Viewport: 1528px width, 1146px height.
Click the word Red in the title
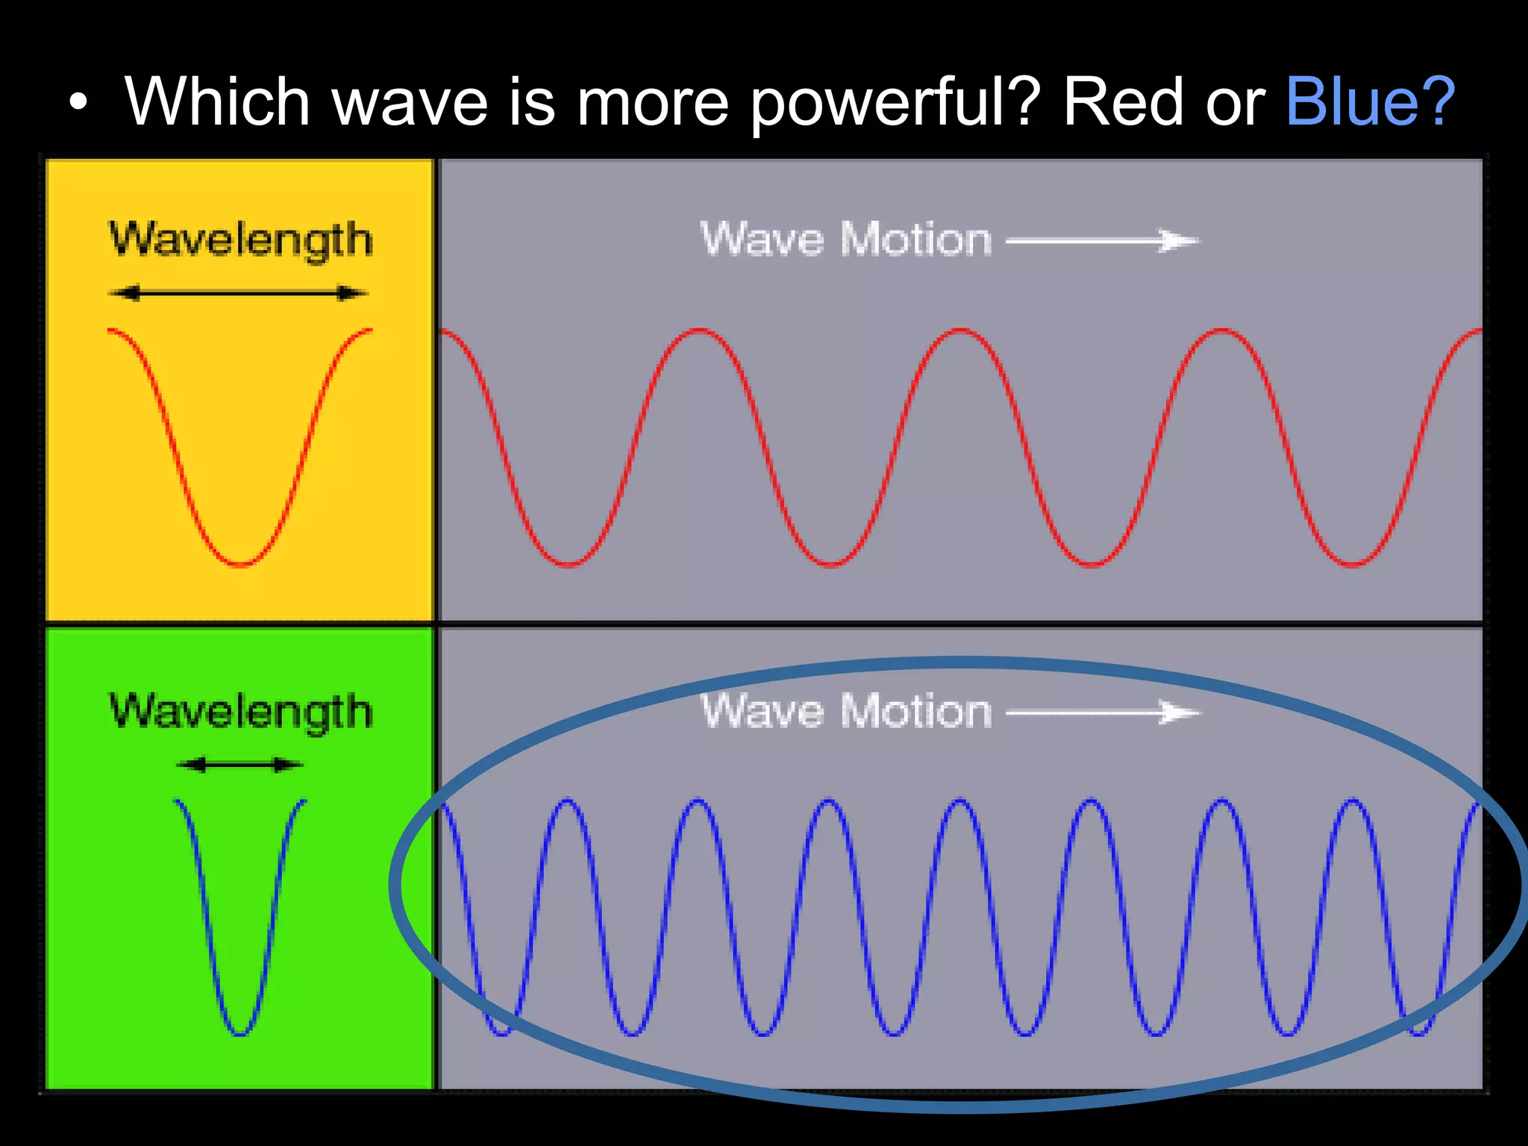1124,101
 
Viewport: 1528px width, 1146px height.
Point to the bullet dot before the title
78,103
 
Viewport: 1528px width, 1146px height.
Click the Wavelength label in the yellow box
240,240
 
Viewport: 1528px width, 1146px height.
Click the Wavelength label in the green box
240,711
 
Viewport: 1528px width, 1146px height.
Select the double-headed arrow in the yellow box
239,293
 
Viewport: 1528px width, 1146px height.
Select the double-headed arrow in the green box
239,765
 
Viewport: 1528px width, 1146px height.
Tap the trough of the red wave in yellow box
240,563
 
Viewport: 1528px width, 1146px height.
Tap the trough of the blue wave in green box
240,1033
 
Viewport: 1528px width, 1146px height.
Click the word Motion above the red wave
916,240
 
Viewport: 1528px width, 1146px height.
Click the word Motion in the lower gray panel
916,711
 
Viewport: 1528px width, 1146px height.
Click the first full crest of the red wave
699,330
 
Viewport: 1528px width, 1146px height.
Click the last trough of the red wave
1352,563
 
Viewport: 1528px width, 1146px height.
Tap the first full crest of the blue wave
567,801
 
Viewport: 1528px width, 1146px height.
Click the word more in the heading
652,103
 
